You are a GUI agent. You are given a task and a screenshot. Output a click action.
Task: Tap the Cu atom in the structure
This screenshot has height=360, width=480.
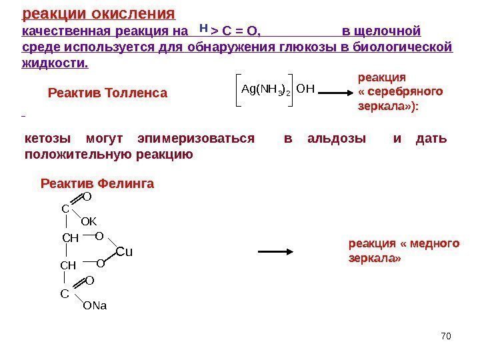125,251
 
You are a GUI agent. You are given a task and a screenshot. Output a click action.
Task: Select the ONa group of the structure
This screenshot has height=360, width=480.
95,306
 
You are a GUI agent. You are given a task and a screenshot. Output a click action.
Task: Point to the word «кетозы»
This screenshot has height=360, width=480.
47,139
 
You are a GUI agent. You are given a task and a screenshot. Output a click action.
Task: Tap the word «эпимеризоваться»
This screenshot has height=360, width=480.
195,139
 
